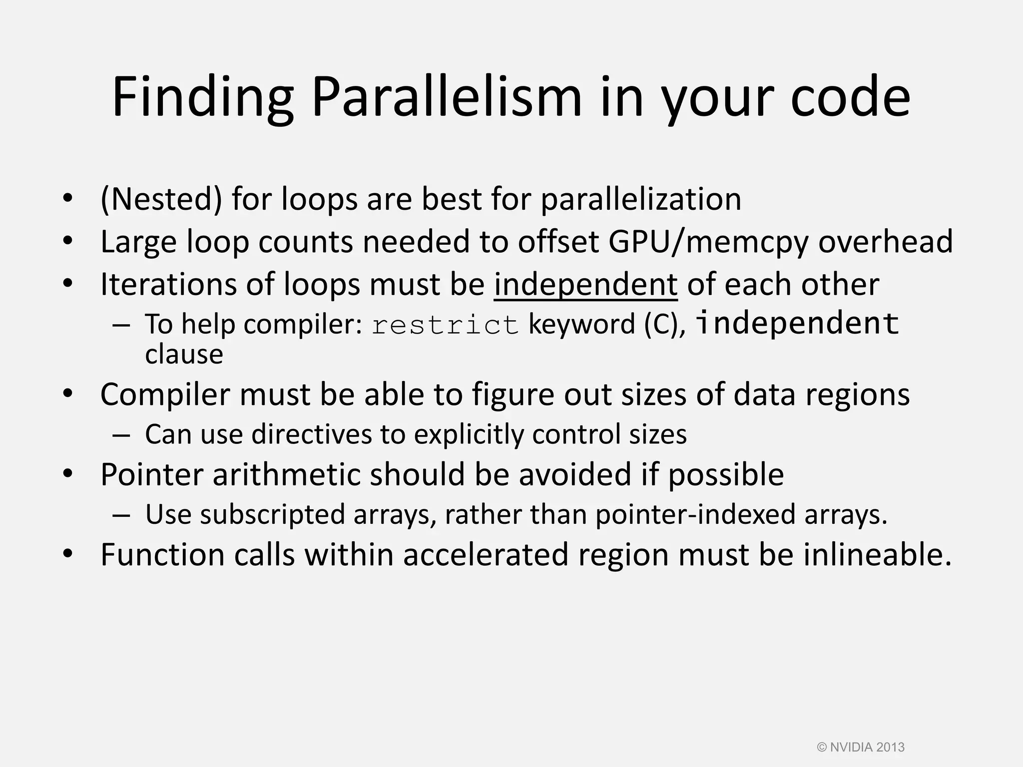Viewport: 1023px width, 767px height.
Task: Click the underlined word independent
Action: (585, 284)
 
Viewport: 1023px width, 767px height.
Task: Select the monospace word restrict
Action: (445, 325)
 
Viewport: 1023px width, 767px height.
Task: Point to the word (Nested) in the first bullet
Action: (161, 199)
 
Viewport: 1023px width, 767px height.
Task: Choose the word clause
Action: (184, 354)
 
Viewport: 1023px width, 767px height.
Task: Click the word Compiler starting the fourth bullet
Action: (165, 394)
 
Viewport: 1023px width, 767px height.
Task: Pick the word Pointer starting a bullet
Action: (152, 474)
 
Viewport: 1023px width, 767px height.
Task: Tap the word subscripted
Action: (272, 514)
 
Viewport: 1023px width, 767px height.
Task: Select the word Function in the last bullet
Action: (162, 554)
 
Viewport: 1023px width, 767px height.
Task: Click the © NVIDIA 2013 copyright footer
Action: (861, 747)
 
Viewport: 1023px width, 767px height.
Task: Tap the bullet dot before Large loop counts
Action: (68, 242)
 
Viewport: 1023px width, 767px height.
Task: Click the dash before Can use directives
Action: (121, 434)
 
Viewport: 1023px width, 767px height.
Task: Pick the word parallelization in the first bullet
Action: (641, 199)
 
